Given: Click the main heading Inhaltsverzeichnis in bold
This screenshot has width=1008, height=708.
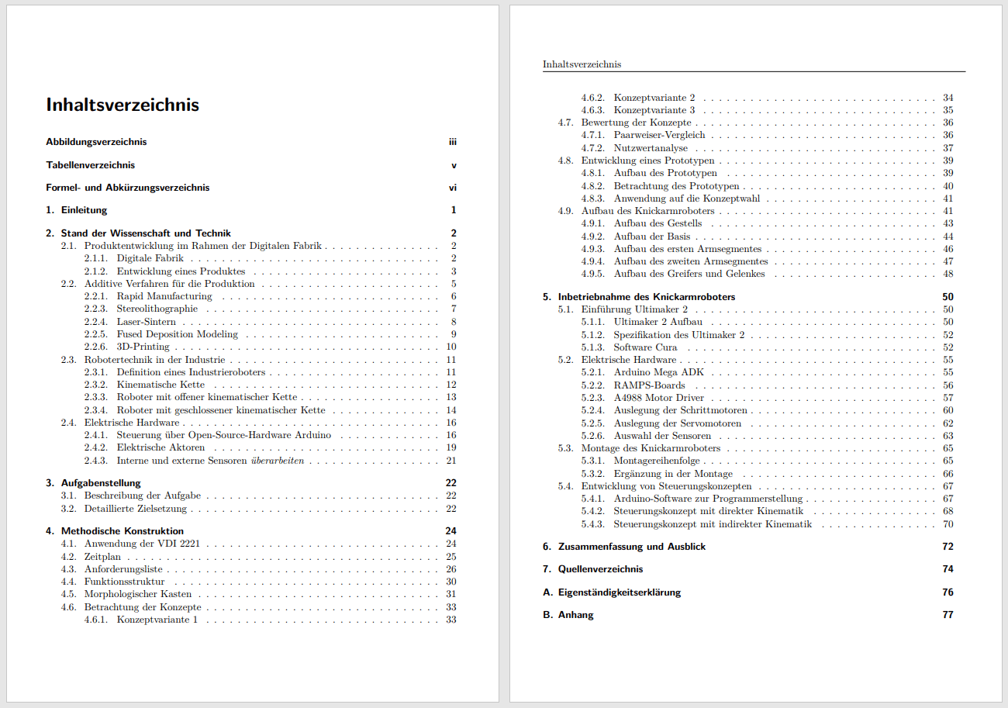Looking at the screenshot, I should [123, 105].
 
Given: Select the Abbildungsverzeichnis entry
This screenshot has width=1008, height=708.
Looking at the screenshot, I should [96, 142].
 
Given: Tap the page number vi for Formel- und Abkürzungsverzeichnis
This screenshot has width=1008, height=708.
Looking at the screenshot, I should [453, 188].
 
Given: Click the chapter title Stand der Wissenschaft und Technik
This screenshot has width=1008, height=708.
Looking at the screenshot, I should [146, 233].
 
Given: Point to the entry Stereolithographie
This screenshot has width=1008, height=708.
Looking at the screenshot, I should [157, 309].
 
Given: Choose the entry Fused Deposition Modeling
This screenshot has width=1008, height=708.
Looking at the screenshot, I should [178, 334].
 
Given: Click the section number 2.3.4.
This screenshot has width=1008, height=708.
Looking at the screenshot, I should [95, 410].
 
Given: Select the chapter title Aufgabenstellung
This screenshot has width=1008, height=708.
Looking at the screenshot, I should [101, 483].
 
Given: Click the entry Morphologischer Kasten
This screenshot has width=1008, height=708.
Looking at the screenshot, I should [138, 594].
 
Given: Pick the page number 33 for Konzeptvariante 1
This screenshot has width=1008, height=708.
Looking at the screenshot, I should [451, 620].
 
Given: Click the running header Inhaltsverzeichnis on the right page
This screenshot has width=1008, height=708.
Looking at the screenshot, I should [582, 64].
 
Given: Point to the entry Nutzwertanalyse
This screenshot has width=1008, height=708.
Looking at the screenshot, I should [651, 148].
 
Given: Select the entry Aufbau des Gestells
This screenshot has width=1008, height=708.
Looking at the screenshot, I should [658, 223].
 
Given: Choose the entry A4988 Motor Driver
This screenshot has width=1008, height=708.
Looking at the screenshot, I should [659, 398].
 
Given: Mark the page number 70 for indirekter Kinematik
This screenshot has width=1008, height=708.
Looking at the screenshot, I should [948, 524].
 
